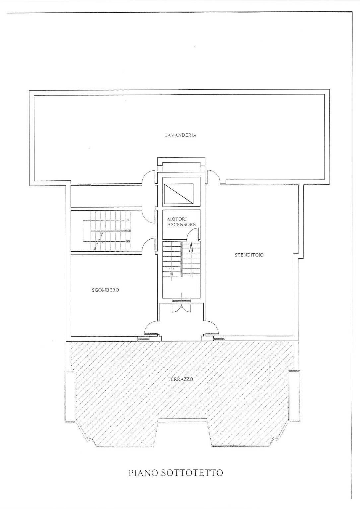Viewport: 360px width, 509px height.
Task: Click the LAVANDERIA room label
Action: [x=180, y=135]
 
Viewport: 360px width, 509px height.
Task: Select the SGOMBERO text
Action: [x=106, y=290]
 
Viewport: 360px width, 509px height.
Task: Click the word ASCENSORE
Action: [x=181, y=224]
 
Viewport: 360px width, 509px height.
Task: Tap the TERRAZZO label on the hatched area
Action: [x=180, y=379]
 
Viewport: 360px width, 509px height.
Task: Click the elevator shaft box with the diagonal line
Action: [x=178, y=194]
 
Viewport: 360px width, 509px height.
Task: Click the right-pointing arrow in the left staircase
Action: [x=107, y=220]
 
